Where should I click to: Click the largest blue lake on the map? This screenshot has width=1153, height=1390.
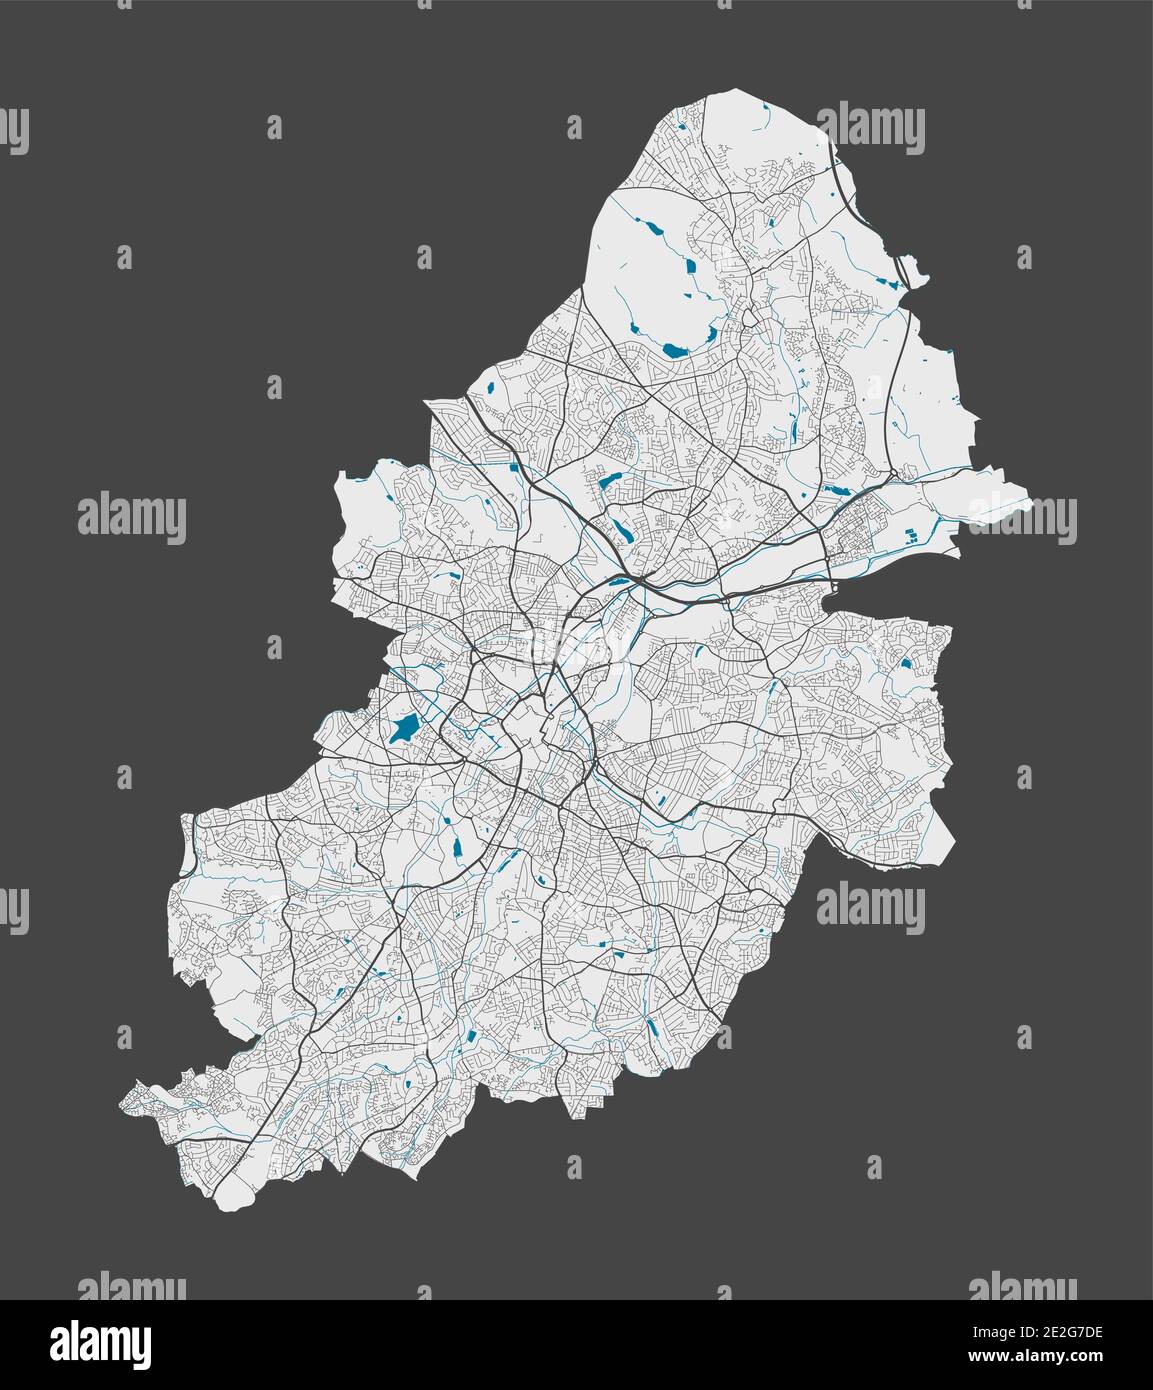tap(403, 729)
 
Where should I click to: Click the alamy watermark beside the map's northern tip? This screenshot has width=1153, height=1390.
tap(868, 125)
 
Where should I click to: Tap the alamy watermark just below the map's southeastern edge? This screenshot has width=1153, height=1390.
tap(868, 904)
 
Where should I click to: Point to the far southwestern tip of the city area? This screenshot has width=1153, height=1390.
tap(124, 1103)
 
